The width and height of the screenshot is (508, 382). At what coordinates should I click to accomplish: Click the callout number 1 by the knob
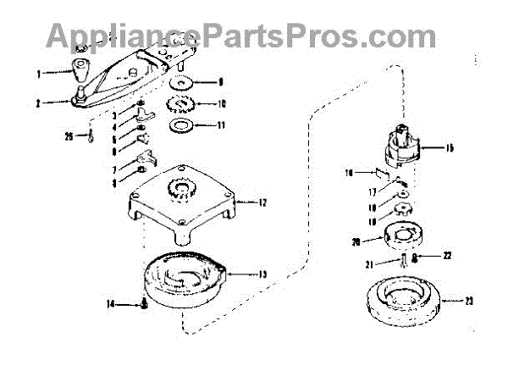(x=38, y=74)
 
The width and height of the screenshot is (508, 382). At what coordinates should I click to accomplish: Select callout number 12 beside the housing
(x=262, y=202)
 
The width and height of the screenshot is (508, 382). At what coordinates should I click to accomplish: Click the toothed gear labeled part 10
(x=182, y=106)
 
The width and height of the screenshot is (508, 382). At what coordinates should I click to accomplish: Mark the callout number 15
(x=449, y=148)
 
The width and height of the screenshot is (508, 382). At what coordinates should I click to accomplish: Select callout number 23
(x=471, y=300)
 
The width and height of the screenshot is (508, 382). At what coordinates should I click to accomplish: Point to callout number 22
(x=447, y=255)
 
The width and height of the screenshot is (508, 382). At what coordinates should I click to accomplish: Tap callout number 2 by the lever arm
(x=38, y=104)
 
